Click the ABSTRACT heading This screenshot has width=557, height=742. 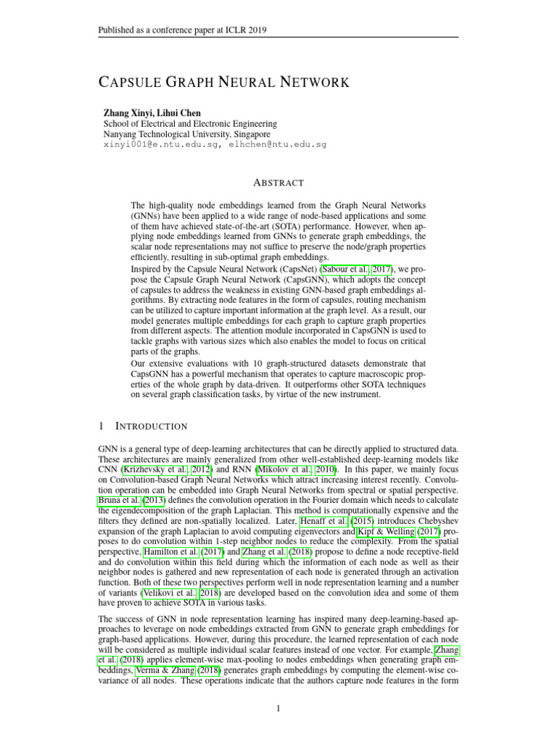(278, 183)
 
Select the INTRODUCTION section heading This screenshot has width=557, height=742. (152, 426)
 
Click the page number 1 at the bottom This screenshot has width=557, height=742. (278, 708)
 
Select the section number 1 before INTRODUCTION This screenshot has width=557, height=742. (101, 426)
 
